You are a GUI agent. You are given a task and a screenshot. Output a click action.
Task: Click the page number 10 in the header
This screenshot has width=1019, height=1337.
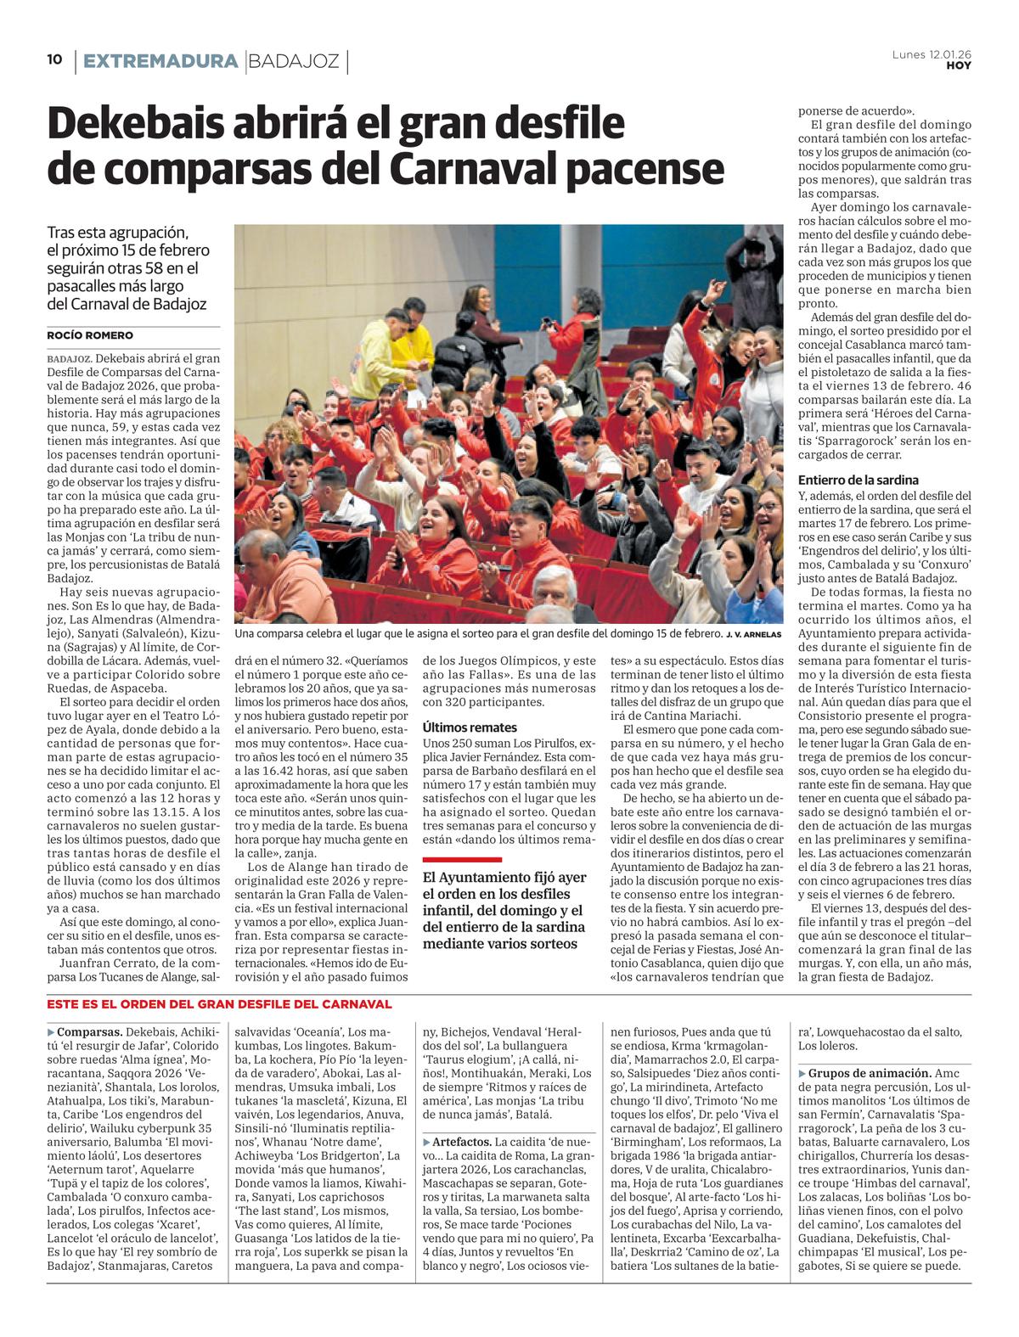coord(54,59)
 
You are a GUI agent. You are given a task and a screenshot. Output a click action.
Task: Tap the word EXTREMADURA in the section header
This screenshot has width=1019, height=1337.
coord(160,61)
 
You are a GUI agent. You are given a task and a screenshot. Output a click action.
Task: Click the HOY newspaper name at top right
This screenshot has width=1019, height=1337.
coord(959,65)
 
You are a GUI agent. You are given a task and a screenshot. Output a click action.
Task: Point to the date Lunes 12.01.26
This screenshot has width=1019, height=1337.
coord(932,53)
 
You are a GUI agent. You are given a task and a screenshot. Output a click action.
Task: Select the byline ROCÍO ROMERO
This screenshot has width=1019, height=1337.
coord(90,335)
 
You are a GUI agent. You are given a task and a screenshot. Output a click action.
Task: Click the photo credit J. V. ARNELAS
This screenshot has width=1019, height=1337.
coord(754,634)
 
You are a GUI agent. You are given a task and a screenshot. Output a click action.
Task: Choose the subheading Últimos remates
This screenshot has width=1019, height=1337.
coord(470,727)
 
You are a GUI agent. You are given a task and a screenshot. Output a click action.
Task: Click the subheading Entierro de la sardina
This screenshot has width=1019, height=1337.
coord(858,480)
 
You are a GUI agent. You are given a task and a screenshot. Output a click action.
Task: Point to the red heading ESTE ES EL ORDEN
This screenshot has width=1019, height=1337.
coord(219,1004)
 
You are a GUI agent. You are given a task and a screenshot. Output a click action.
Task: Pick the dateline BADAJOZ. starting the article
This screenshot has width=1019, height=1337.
coord(65,358)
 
